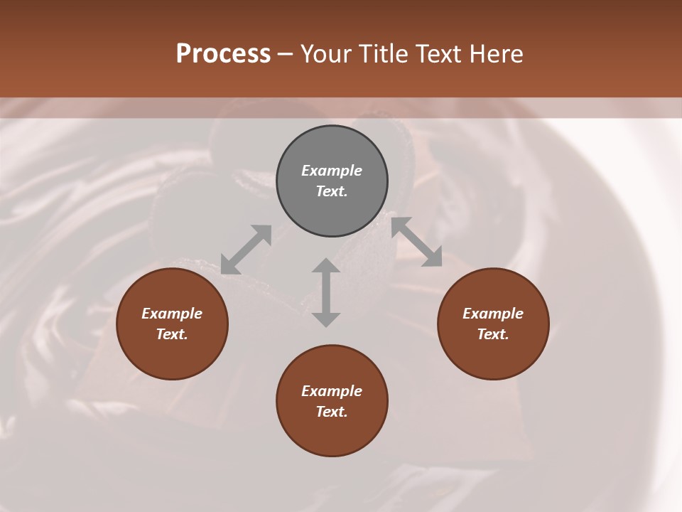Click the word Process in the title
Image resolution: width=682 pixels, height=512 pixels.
223,54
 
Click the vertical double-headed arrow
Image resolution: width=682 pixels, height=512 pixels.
326,292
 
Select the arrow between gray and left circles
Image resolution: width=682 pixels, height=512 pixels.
247,249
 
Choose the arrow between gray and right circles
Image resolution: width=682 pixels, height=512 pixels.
417,242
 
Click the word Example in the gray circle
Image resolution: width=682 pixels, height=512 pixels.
332,171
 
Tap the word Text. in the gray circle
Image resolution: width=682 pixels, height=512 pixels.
332,191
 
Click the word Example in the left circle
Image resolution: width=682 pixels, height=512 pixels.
172,314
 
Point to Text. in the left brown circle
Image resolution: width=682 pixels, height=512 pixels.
172,334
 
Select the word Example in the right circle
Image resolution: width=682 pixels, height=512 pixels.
493,314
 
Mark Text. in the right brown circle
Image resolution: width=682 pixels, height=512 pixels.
493,334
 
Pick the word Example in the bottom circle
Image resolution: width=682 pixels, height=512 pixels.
332,391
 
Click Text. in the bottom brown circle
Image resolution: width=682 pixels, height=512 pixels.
332,412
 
